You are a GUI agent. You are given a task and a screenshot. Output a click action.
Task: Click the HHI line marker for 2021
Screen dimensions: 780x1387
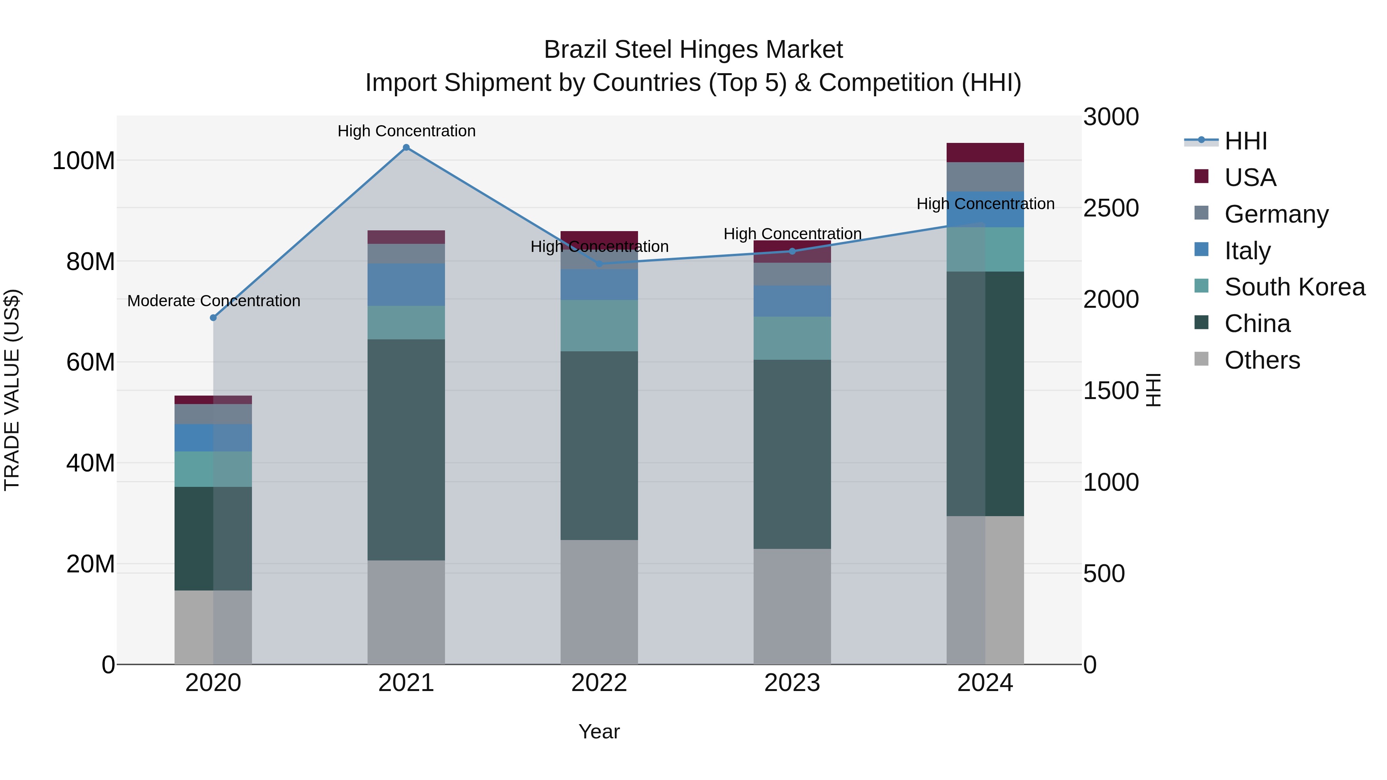click(x=406, y=148)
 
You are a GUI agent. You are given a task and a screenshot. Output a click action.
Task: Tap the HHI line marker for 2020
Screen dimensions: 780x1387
click(x=213, y=318)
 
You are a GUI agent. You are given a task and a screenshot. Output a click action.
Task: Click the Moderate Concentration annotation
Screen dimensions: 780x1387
click(x=214, y=301)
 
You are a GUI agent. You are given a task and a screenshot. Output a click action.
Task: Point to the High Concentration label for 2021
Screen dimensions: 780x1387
click(x=406, y=131)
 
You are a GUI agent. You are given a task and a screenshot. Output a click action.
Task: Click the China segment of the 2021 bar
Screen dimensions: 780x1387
click(x=406, y=450)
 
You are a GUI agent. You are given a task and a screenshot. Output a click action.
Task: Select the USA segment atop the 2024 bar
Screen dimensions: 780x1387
click(x=985, y=152)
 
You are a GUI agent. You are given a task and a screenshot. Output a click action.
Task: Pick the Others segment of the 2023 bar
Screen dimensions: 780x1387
click(x=792, y=606)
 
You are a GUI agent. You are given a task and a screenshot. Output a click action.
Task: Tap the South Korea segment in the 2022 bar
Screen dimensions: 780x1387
click(x=599, y=325)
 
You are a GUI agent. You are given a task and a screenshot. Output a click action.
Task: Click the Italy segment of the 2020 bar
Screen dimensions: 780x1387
click(x=213, y=438)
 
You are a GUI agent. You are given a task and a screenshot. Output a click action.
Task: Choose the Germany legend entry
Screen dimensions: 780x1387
click(x=1276, y=214)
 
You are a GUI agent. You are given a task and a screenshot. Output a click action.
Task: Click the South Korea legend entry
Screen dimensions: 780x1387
click(x=1295, y=287)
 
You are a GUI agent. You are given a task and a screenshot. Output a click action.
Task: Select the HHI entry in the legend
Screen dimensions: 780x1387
click(x=1245, y=141)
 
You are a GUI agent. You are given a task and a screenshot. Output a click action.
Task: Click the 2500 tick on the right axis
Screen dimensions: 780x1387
click(x=1111, y=208)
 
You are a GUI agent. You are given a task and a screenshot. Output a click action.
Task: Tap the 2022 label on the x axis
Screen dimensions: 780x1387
click(x=599, y=683)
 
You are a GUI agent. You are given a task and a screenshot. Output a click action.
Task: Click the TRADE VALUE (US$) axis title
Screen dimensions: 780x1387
click(x=12, y=390)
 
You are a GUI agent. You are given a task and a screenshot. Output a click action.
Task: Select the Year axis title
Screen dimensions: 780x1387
click(x=599, y=731)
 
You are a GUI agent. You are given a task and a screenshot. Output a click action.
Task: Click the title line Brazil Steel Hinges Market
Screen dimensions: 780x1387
click(x=693, y=50)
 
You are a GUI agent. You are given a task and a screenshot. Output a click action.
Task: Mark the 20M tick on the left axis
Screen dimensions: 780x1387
click(x=91, y=564)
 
